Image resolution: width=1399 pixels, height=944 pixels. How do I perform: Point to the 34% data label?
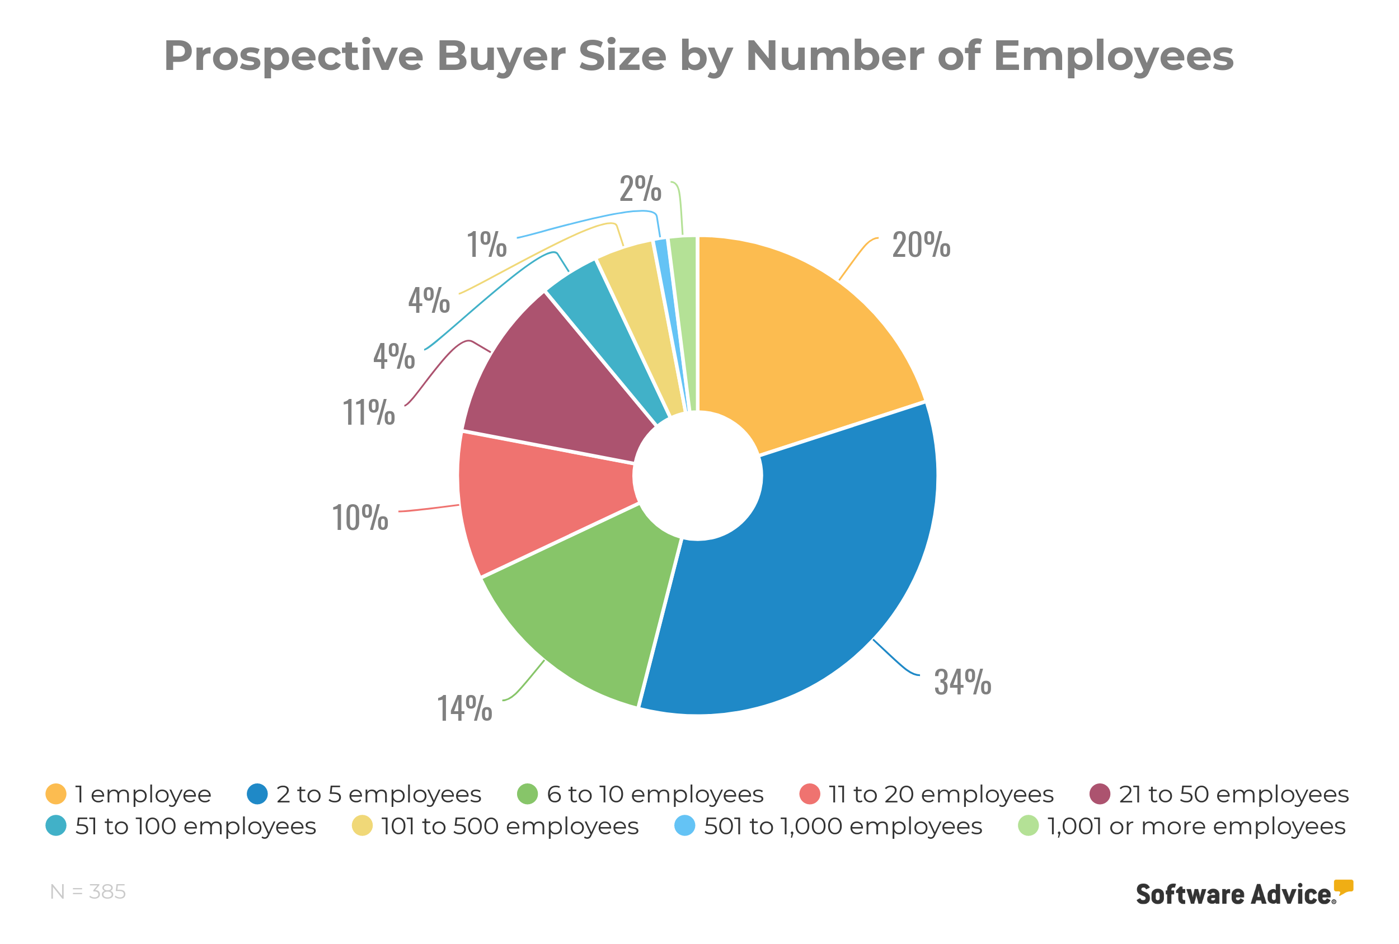click(x=962, y=682)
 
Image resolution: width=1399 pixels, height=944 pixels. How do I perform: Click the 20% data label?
click(x=921, y=245)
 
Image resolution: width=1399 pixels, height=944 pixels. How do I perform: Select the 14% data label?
click(x=464, y=708)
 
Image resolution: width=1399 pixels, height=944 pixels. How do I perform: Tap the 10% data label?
click(x=360, y=518)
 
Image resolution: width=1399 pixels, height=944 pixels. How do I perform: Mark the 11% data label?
click(x=368, y=413)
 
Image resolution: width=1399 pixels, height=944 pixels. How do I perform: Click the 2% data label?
click(x=641, y=189)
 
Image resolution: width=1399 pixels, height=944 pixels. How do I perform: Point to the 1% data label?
click(x=486, y=245)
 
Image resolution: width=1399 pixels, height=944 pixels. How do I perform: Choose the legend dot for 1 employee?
click(x=56, y=793)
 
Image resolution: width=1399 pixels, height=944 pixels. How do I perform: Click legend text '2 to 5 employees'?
click(x=379, y=794)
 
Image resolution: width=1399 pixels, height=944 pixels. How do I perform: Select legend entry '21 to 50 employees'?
click(x=1233, y=794)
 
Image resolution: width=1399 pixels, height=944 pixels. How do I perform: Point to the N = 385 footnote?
click(x=88, y=891)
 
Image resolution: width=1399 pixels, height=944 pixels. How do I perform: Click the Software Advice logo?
click(x=1243, y=894)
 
